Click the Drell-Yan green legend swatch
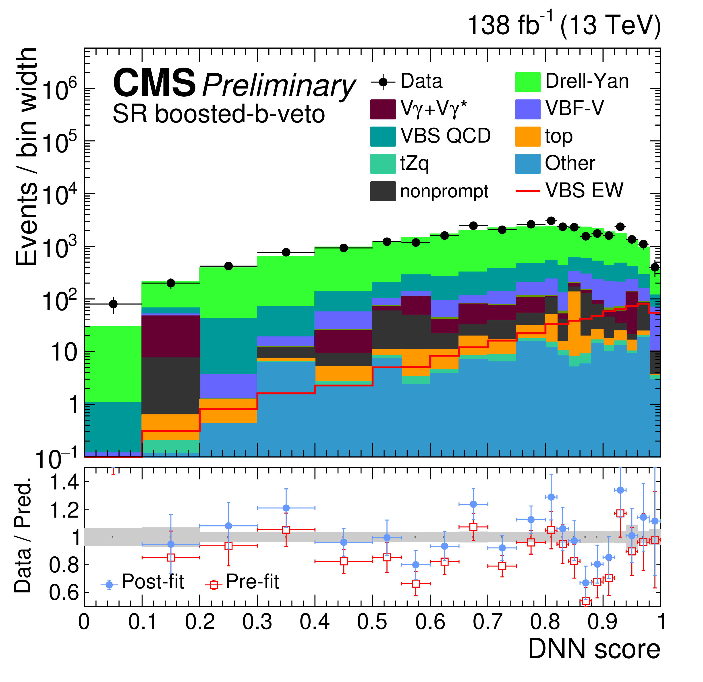(x=528, y=82)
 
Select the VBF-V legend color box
(x=528, y=109)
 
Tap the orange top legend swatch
(x=528, y=137)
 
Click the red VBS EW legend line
(x=528, y=191)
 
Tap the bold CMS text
(x=154, y=83)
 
